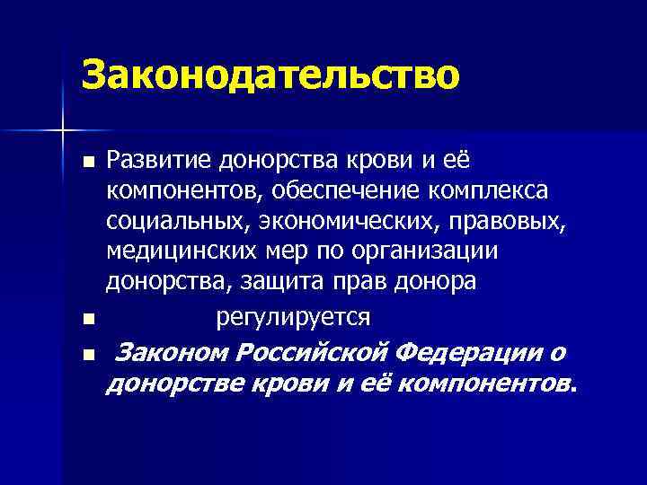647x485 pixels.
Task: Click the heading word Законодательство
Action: click(x=270, y=75)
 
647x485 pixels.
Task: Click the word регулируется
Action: click(x=293, y=317)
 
